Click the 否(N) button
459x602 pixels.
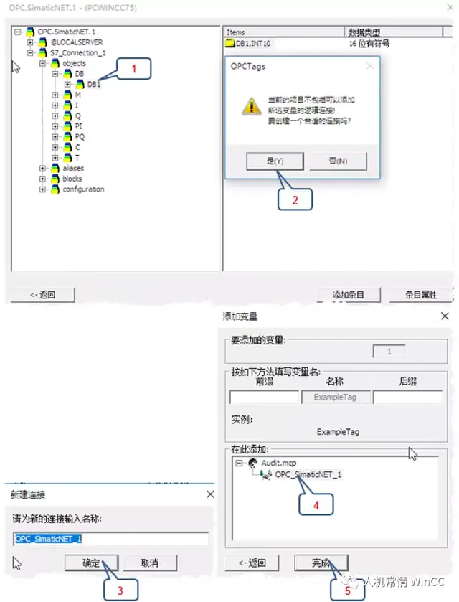click(338, 161)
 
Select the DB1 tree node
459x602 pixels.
click(94, 84)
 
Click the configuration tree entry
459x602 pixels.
click(83, 189)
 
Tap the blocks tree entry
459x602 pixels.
click(72, 179)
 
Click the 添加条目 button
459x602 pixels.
click(349, 295)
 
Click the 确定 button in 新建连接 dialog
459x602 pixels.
click(91, 563)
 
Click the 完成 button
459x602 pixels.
click(321, 563)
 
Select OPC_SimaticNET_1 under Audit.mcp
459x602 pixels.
click(308, 474)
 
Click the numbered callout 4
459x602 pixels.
click(316, 504)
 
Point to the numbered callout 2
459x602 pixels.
click(295, 199)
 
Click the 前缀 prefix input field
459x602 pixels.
click(264, 397)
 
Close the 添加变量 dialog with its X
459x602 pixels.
click(445, 316)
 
